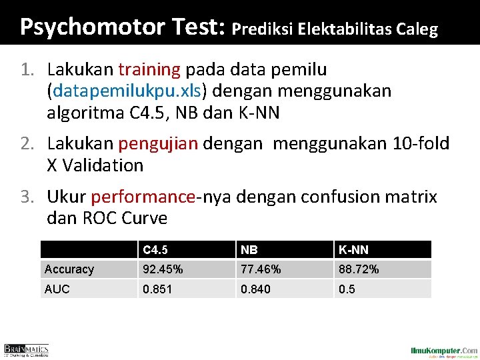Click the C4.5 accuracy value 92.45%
pyautogui.click(x=161, y=269)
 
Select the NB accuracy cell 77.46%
pyautogui.click(x=261, y=269)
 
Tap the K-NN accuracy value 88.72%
pyautogui.click(x=359, y=269)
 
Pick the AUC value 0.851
pyautogui.click(x=156, y=289)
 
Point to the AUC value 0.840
pyautogui.click(x=256, y=289)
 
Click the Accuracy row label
pyautogui.click(x=69, y=269)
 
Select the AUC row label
pyautogui.click(x=57, y=289)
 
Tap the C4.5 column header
pyautogui.click(x=155, y=250)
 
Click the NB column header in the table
pyautogui.click(x=249, y=250)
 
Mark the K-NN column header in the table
pyautogui.click(x=353, y=250)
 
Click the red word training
pyautogui.click(x=149, y=69)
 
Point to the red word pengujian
pyautogui.click(x=159, y=143)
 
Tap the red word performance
pyautogui.click(x=143, y=197)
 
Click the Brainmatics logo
pyautogui.click(x=27, y=350)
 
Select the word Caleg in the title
pyautogui.click(x=417, y=29)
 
